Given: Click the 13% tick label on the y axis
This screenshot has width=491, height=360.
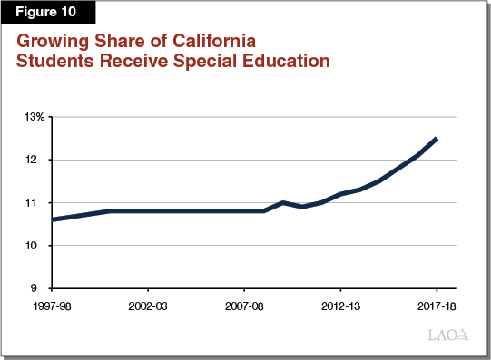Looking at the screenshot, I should (34, 117).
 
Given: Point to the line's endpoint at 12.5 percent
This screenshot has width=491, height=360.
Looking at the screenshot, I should (437, 139).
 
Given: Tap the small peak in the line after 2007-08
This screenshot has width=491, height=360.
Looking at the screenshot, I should (283, 202).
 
